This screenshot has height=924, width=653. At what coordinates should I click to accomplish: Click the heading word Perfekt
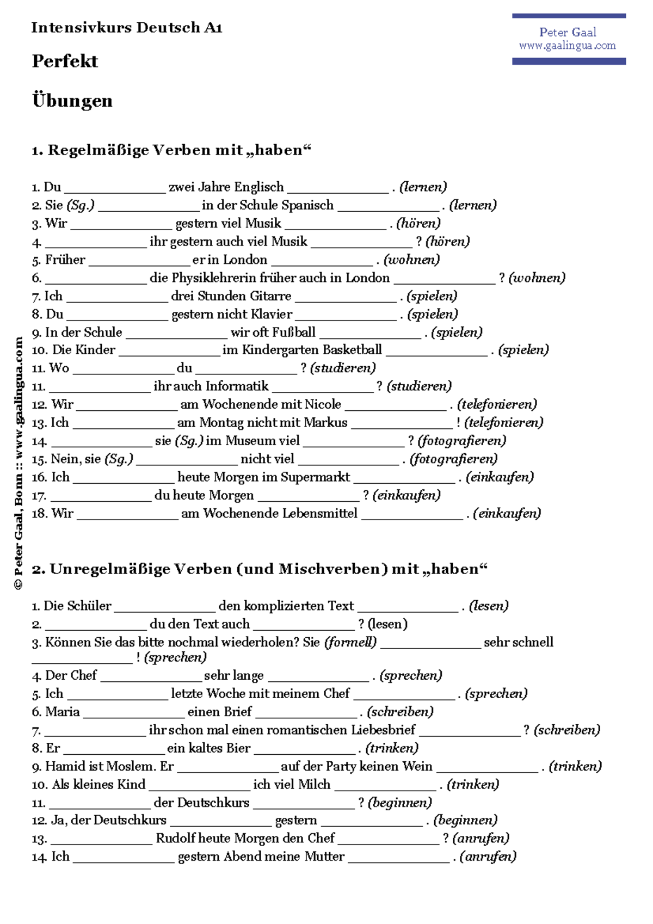(65, 61)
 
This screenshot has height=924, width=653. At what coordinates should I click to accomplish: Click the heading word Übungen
(72, 101)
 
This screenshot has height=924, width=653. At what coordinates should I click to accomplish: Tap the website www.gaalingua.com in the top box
(567, 46)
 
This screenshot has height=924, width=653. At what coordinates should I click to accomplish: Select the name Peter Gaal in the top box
(568, 32)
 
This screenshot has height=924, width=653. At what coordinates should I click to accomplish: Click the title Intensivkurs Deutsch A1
(127, 27)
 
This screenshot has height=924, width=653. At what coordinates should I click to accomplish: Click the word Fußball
(294, 332)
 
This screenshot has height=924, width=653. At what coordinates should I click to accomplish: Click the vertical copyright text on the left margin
(19, 463)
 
